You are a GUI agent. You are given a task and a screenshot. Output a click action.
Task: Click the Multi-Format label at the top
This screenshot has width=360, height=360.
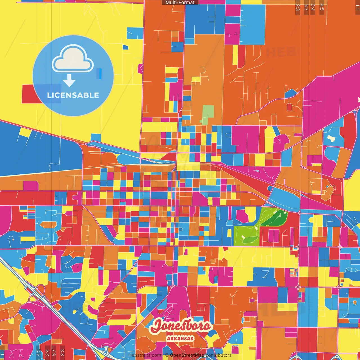[180, 3]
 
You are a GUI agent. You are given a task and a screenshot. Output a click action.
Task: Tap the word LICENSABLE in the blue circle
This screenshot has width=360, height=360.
[73, 95]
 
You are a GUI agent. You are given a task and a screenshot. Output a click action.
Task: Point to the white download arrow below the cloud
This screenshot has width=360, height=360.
[69, 81]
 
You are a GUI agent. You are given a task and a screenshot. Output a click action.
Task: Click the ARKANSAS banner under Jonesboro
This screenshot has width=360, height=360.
[180, 338]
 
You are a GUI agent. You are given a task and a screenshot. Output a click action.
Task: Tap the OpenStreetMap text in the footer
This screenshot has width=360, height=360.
[187, 355]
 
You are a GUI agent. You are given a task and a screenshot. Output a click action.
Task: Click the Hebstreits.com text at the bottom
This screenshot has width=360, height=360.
[145, 355]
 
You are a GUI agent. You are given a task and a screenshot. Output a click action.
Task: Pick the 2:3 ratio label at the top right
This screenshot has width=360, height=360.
[298, 7]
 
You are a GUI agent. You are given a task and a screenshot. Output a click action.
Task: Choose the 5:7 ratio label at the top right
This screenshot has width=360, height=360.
[306, 7]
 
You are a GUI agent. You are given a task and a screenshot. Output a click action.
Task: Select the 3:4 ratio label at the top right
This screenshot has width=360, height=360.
[313, 7]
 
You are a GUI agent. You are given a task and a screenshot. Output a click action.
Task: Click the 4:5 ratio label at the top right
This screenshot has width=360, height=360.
[321, 7]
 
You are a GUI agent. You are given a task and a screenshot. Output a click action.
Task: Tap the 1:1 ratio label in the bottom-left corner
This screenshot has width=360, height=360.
[2, 353]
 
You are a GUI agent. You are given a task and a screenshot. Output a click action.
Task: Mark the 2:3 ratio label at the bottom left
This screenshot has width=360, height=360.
[62, 352]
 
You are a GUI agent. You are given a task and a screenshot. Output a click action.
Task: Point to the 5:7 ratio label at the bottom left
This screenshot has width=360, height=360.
[54, 352]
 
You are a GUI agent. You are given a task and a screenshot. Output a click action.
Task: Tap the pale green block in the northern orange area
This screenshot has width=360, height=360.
[208, 114]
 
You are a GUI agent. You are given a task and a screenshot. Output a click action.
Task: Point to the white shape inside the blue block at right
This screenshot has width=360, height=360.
[331, 138]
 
